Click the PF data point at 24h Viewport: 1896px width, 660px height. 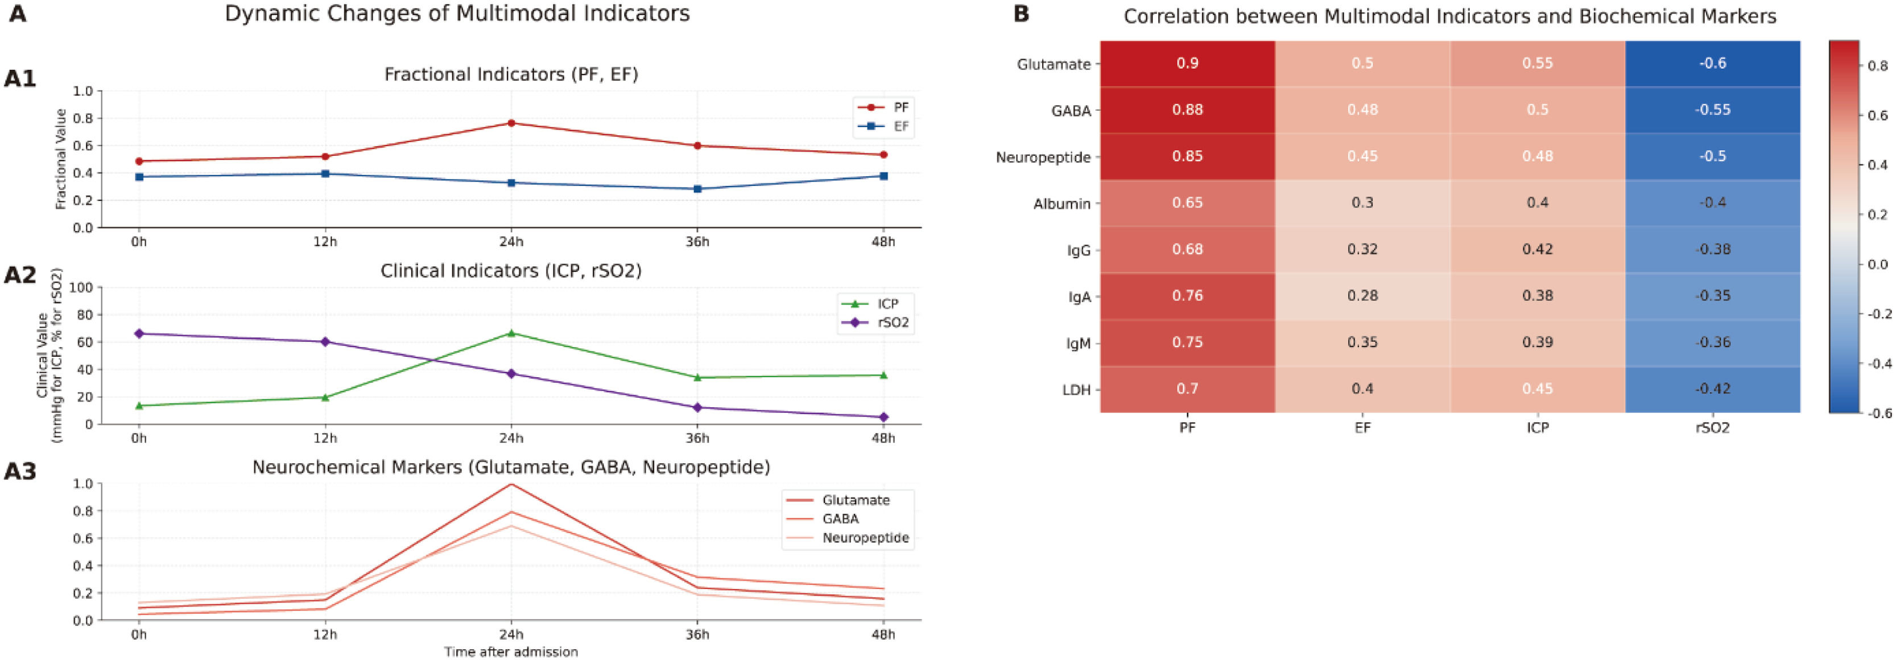pos(511,123)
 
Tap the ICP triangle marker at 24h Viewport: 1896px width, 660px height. pos(511,333)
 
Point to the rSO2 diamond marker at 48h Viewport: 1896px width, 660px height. pos(883,417)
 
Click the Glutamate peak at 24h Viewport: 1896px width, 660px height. pos(511,484)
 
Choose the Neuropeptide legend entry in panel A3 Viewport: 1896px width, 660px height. pos(848,538)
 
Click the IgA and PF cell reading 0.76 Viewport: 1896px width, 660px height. pos(1187,296)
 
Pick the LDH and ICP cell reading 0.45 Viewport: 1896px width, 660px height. pos(1538,389)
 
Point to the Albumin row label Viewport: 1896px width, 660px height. pos(1061,204)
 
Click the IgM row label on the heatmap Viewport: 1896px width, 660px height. pos(1079,344)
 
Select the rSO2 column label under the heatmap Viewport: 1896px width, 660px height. pos(1713,427)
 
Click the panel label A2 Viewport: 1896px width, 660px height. pos(20,275)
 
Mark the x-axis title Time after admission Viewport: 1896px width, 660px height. pos(511,652)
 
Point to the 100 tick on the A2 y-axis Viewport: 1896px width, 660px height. pos(82,288)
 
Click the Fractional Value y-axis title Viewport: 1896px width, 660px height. pos(61,159)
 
